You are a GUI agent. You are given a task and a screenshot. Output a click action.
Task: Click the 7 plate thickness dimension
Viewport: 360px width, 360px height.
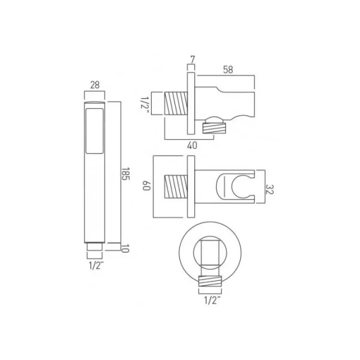point(192,59)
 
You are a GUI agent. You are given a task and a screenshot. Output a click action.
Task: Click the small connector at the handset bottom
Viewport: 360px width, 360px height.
point(94,246)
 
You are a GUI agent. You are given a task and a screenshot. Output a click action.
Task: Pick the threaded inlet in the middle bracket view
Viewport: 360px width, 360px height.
point(176,185)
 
